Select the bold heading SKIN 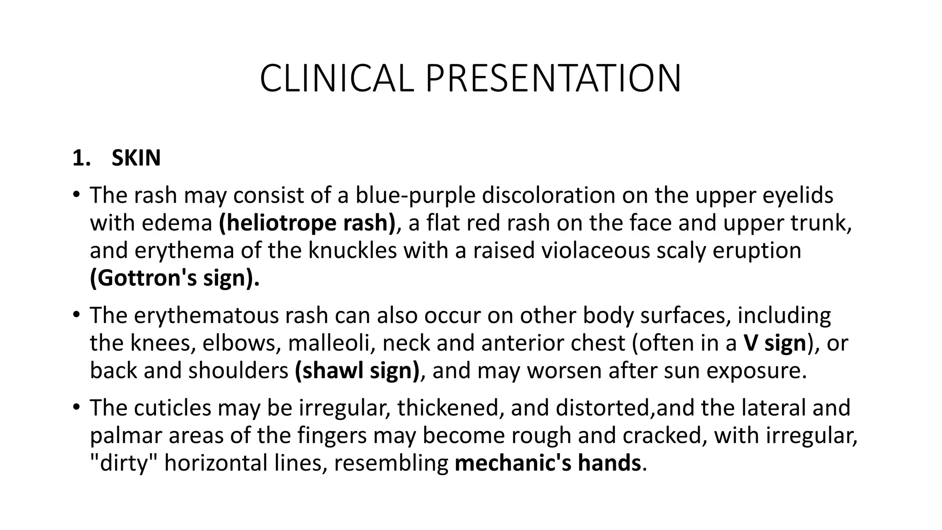coord(136,159)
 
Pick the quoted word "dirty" coord(124,463)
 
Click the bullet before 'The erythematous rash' coord(76,315)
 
